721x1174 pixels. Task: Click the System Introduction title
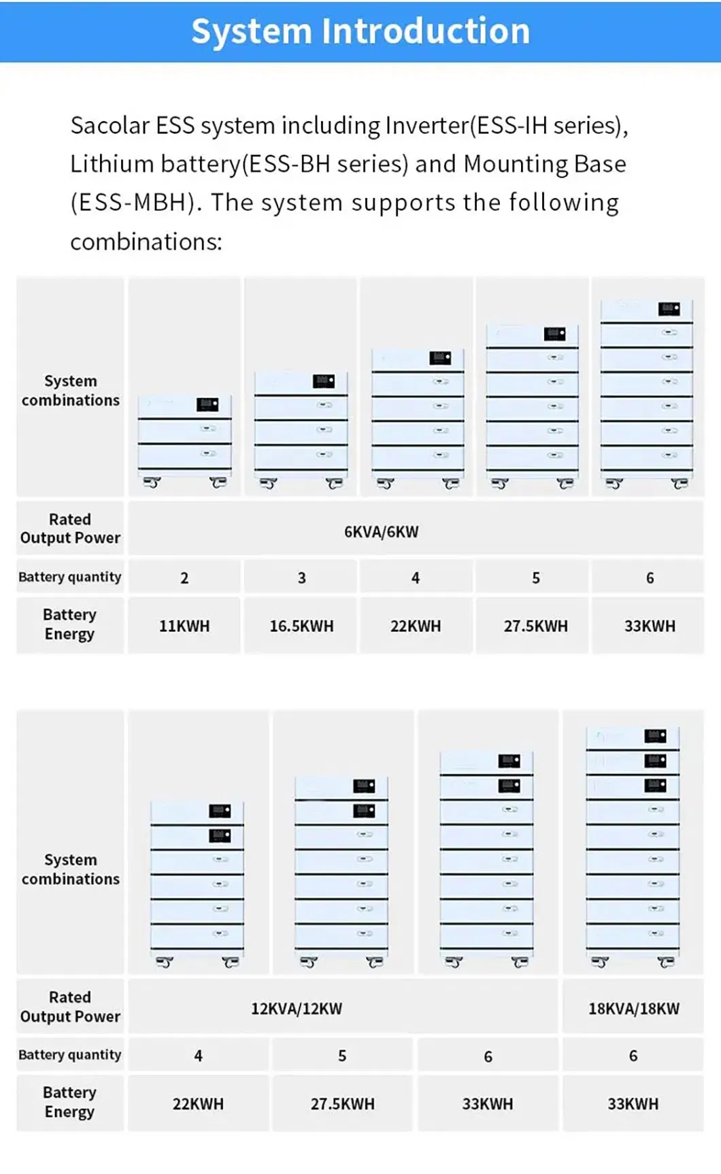tap(360, 31)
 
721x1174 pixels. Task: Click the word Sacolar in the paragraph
tap(110, 126)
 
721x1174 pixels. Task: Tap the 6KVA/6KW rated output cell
tap(381, 532)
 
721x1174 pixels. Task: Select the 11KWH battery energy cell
tap(184, 626)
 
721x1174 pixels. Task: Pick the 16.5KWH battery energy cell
tap(301, 626)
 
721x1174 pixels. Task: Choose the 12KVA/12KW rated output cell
tap(297, 1009)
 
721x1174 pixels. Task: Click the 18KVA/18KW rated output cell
tap(633, 1009)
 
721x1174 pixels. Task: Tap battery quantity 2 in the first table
tap(184, 578)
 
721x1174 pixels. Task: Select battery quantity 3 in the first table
tap(301, 578)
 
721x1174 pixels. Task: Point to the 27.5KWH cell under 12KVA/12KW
tap(342, 1104)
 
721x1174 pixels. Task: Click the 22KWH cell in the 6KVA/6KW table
tap(416, 626)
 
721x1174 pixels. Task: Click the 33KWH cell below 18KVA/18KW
tap(633, 1104)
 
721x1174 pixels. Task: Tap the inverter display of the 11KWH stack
tap(207, 405)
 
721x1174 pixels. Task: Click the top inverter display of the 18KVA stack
tap(656, 736)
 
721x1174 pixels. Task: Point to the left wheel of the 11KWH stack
tap(152, 483)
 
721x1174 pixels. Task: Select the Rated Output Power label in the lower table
tap(70, 1007)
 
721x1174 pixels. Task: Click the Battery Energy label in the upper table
tap(70, 624)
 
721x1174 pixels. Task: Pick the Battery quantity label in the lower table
tap(70, 1055)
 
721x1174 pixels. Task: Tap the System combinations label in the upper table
tap(70, 390)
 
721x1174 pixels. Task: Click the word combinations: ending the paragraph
tap(146, 242)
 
